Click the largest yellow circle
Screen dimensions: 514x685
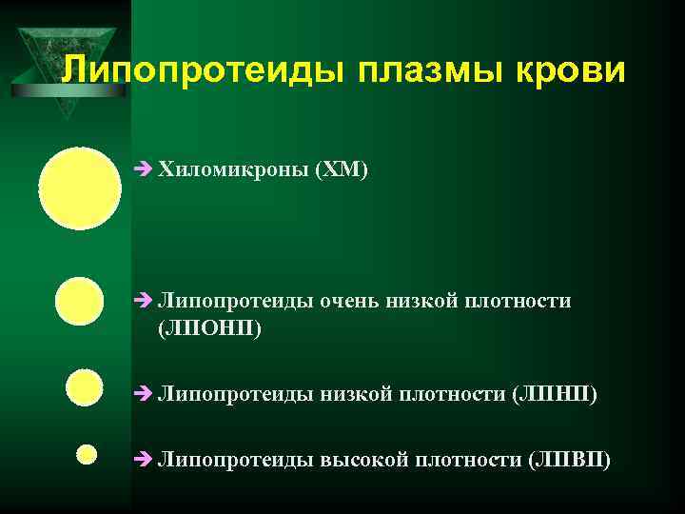pyautogui.click(x=80, y=188)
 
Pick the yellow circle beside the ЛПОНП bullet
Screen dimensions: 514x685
pyautogui.click(x=80, y=302)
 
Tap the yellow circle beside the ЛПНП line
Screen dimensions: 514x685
pyautogui.click(x=85, y=388)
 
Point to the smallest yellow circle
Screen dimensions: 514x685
pyautogui.click(x=87, y=454)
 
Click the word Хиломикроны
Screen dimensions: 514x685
pyautogui.click(x=233, y=170)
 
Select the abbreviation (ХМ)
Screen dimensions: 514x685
pyautogui.click(x=342, y=170)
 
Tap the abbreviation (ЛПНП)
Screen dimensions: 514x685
pyautogui.click(x=555, y=393)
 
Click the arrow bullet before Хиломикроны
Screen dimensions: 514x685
pyautogui.click(x=144, y=170)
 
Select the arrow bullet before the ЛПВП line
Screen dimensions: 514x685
pyautogui.click(x=144, y=460)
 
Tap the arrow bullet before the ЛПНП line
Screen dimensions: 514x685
pyautogui.click(x=144, y=393)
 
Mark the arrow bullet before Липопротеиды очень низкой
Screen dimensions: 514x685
pyautogui.click(x=144, y=302)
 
